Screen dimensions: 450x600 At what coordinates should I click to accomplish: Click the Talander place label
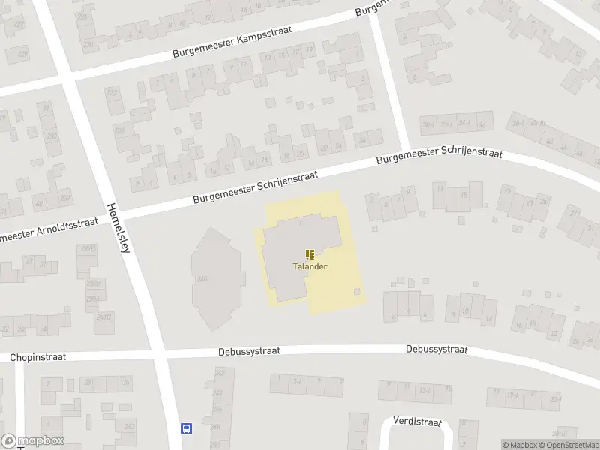[310, 266]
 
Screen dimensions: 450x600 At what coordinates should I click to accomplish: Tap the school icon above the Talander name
[310, 255]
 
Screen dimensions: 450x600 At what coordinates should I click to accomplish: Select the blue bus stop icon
[186, 429]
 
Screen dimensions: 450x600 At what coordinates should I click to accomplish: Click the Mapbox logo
[31, 441]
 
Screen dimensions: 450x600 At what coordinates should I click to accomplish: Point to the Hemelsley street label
[119, 229]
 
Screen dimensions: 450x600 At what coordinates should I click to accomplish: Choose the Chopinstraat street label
[38, 358]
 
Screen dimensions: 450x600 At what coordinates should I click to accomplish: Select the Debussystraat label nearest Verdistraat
[436, 349]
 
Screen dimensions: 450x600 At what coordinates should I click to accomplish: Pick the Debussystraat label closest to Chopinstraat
[249, 350]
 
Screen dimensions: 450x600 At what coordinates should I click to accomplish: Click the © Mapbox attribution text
[520, 445]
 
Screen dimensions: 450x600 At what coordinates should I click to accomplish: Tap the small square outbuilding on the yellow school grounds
[358, 291]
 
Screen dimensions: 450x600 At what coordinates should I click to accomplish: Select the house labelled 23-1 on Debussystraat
[555, 399]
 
